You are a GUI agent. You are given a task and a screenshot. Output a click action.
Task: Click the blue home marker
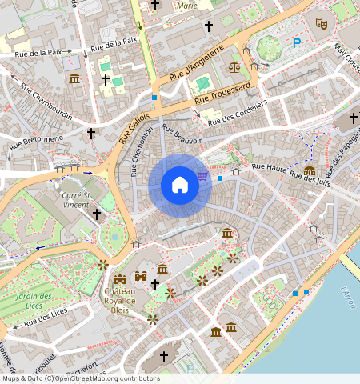click(x=180, y=185)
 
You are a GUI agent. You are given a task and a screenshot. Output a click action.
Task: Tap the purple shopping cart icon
click(x=203, y=175)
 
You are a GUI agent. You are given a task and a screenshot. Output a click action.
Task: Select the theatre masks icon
click(x=322, y=24)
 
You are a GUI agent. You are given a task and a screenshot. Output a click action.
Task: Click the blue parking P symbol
click(x=298, y=43)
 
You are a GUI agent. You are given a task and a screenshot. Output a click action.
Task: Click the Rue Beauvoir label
click(x=182, y=133)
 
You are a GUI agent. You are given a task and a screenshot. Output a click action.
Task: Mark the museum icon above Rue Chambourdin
click(x=74, y=78)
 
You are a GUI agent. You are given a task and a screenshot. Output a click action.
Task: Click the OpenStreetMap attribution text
click(x=80, y=378)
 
